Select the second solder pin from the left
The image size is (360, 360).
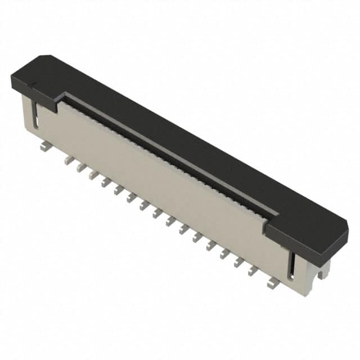point(69,160)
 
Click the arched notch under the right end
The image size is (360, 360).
point(322,272)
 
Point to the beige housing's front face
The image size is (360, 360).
point(157,180)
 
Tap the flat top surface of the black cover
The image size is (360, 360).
point(186,141)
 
